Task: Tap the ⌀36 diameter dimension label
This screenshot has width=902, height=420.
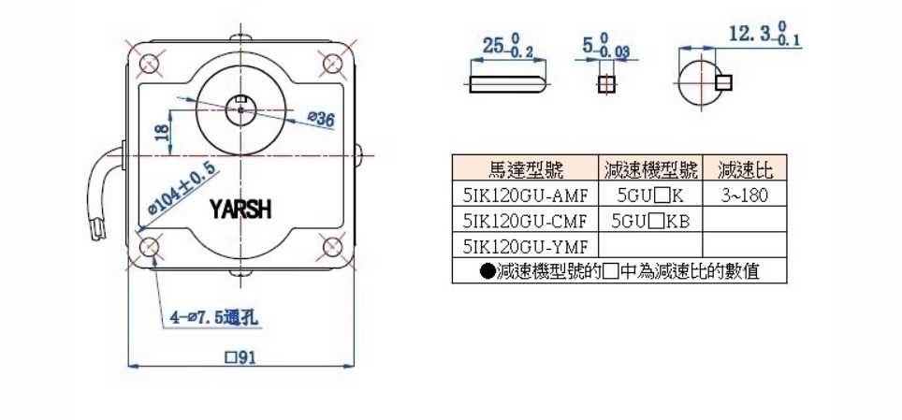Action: pos(321,119)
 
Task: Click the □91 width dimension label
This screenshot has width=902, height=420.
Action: pos(240,357)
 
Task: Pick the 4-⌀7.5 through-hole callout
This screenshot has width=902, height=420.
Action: pos(214,318)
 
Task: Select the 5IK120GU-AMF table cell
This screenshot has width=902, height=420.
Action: pos(525,195)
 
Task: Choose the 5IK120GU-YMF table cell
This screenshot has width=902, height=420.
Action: pos(525,246)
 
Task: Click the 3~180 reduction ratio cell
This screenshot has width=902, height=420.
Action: pos(746,195)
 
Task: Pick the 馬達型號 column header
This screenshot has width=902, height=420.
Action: pos(525,169)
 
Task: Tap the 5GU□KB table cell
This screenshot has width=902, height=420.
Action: pos(650,221)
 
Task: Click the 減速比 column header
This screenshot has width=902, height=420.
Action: pos(746,169)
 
